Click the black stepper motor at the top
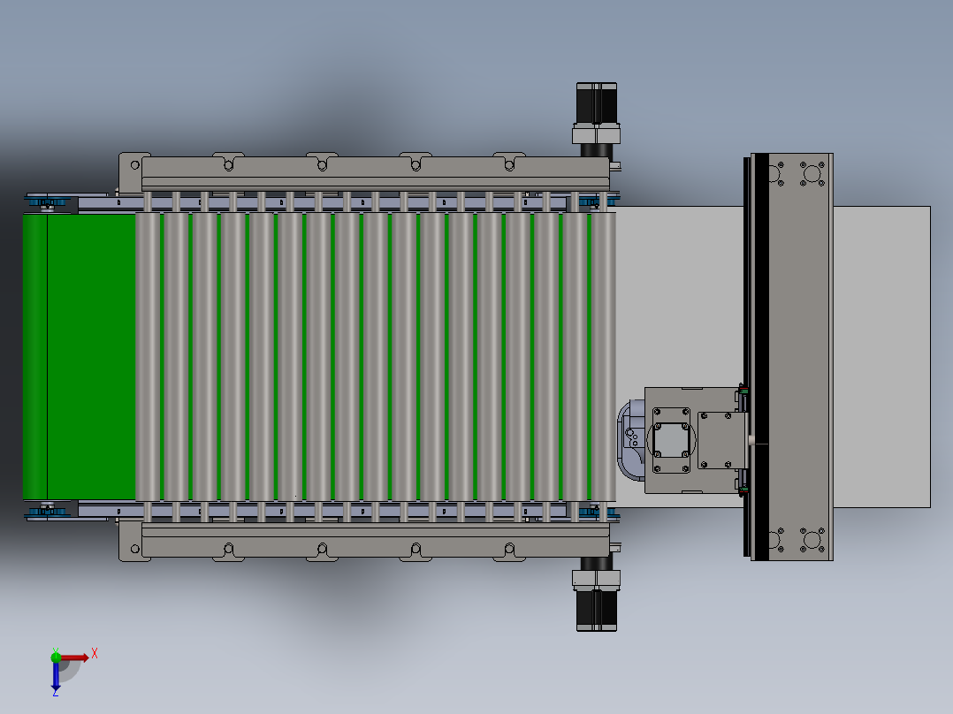click(x=597, y=103)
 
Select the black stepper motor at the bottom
click(x=597, y=610)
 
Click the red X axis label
click(x=95, y=654)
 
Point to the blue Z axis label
click(x=55, y=692)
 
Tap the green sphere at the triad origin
click(x=56, y=657)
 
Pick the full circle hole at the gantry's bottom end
click(x=811, y=538)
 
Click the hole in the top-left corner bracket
click(x=134, y=164)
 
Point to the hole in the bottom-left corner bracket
click(x=134, y=549)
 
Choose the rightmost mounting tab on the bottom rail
click(x=507, y=550)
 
